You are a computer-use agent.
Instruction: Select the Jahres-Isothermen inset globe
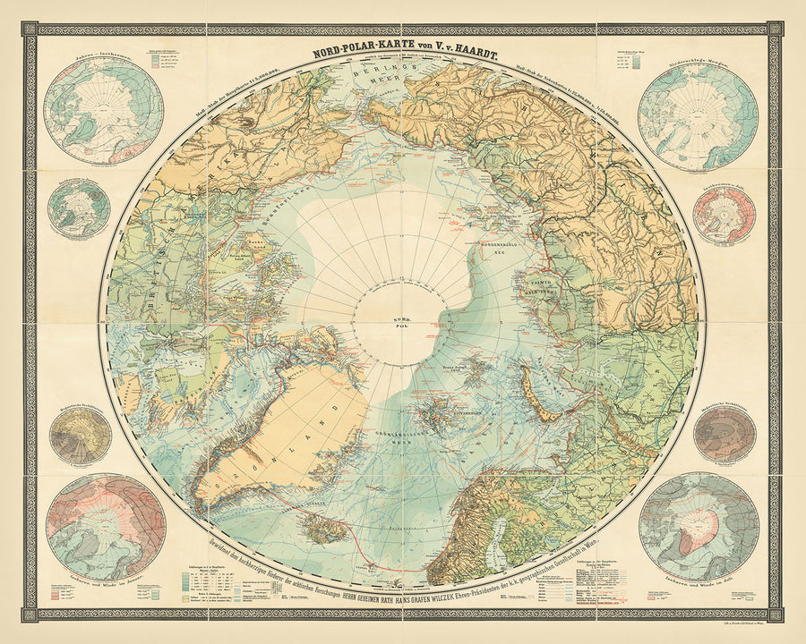point(103,110)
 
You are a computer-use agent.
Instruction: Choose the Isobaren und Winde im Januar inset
point(107,528)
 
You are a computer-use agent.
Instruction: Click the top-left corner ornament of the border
point(30,30)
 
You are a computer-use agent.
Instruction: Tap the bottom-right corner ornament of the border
point(776,614)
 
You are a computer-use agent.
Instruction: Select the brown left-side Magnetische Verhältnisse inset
point(81,436)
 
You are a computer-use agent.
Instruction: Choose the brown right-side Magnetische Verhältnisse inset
point(725,434)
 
